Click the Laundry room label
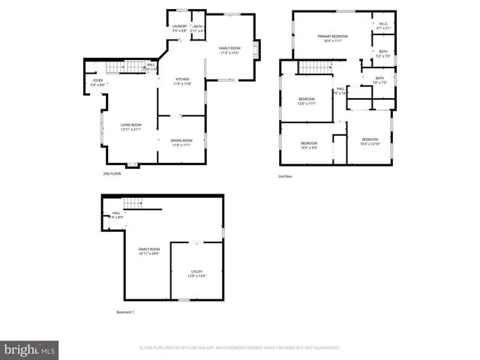click(x=180, y=26)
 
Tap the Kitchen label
click(x=182, y=79)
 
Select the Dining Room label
click(x=181, y=140)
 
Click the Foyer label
click(x=97, y=80)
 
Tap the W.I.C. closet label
click(x=382, y=24)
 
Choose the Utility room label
click(x=196, y=271)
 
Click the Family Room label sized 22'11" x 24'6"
click(x=148, y=249)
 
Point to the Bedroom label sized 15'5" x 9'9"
click(x=309, y=143)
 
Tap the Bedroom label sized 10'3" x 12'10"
click(x=370, y=139)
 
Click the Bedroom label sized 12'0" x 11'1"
click(x=307, y=99)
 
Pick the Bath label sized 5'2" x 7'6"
click(x=382, y=51)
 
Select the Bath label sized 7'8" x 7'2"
click(x=379, y=78)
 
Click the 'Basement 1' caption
click(x=125, y=312)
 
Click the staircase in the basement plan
click(x=133, y=202)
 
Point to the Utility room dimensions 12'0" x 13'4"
click(x=196, y=276)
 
